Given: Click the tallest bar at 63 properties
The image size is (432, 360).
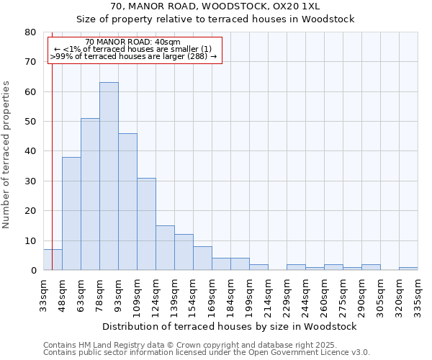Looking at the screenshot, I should (109, 176).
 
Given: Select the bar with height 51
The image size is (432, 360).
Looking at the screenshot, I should (90, 194).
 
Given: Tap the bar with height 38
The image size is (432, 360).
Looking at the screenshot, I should (71, 214).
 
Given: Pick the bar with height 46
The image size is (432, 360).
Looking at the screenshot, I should (127, 202).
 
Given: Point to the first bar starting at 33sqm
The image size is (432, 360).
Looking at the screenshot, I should (53, 260).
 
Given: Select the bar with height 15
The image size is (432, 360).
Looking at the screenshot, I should (165, 248).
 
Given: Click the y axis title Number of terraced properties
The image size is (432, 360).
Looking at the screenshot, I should (6, 154).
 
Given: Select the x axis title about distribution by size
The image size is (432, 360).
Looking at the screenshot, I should (230, 326).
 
